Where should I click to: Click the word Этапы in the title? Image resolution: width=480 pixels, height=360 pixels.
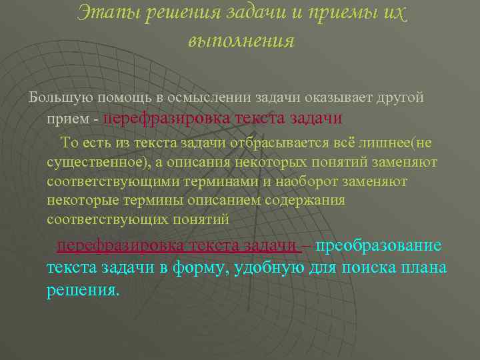(x=107, y=11)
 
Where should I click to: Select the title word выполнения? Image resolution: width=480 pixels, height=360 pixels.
(x=241, y=40)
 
